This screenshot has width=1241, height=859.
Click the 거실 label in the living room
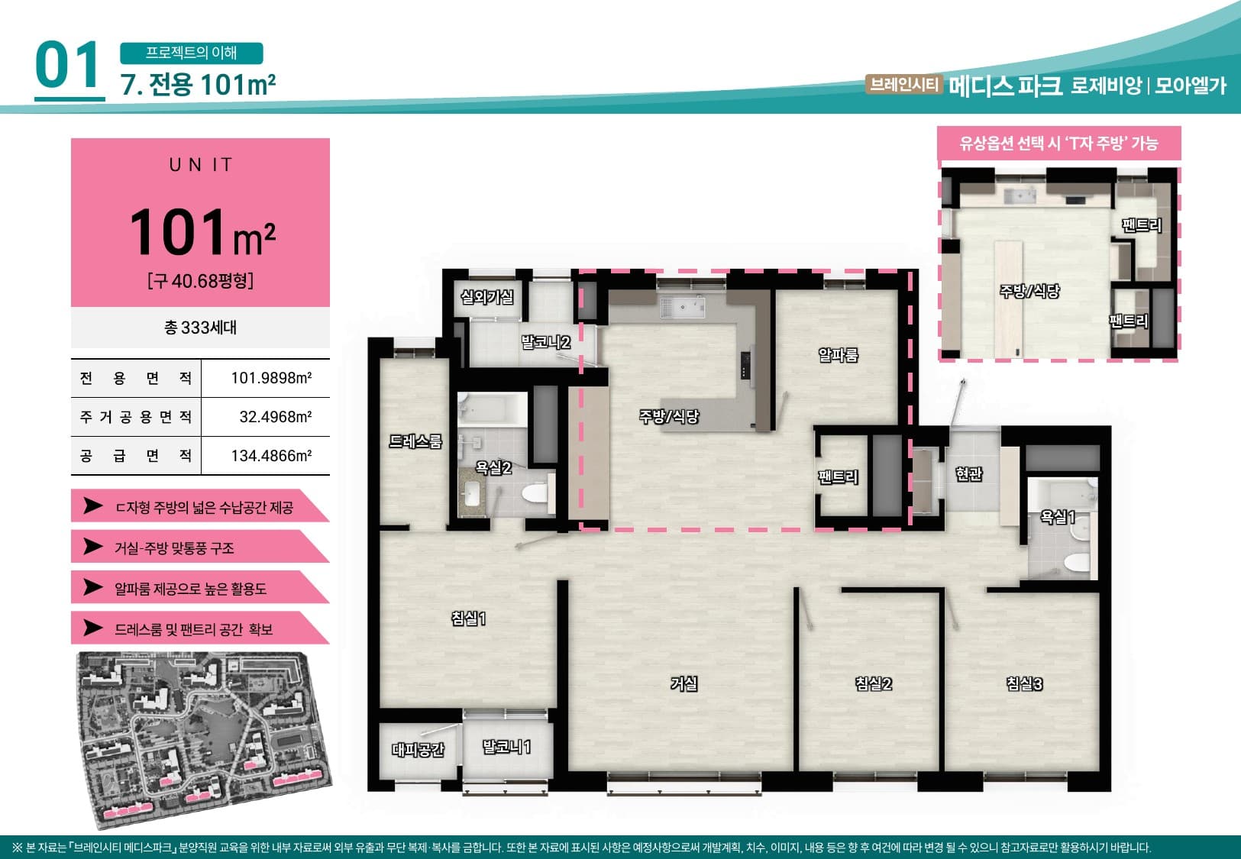click(x=684, y=684)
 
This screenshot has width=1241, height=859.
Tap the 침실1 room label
click(x=469, y=618)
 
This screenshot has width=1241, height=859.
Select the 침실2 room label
click(x=874, y=684)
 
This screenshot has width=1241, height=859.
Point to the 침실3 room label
click(x=1025, y=684)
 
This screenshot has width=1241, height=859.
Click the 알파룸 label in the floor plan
click(x=839, y=355)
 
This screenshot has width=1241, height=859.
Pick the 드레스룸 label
click(x=415, y=441)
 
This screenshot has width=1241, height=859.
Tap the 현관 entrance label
click(x=969, y=473)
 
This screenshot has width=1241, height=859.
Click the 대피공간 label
click(x=419, y=750)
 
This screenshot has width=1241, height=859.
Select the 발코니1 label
click(x=506, y=747)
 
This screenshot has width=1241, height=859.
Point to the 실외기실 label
click(x=487, y=298)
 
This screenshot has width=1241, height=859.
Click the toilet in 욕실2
click(x=536, y=492)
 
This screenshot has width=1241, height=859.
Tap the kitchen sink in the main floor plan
click(x=683, y=307)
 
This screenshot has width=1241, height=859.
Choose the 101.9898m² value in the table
click(x=271, y=378)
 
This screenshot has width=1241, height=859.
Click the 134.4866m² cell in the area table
click(x=271, y=456)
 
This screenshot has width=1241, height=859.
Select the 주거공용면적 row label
click(x=136, y=417)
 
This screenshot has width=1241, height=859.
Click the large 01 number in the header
click(x=68, y=66)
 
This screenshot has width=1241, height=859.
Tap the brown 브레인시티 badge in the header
click(x=903, y=84)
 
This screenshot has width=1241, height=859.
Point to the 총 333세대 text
click(x=201, y=328)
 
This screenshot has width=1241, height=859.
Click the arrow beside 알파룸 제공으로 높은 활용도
click(x=93, y=587)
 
